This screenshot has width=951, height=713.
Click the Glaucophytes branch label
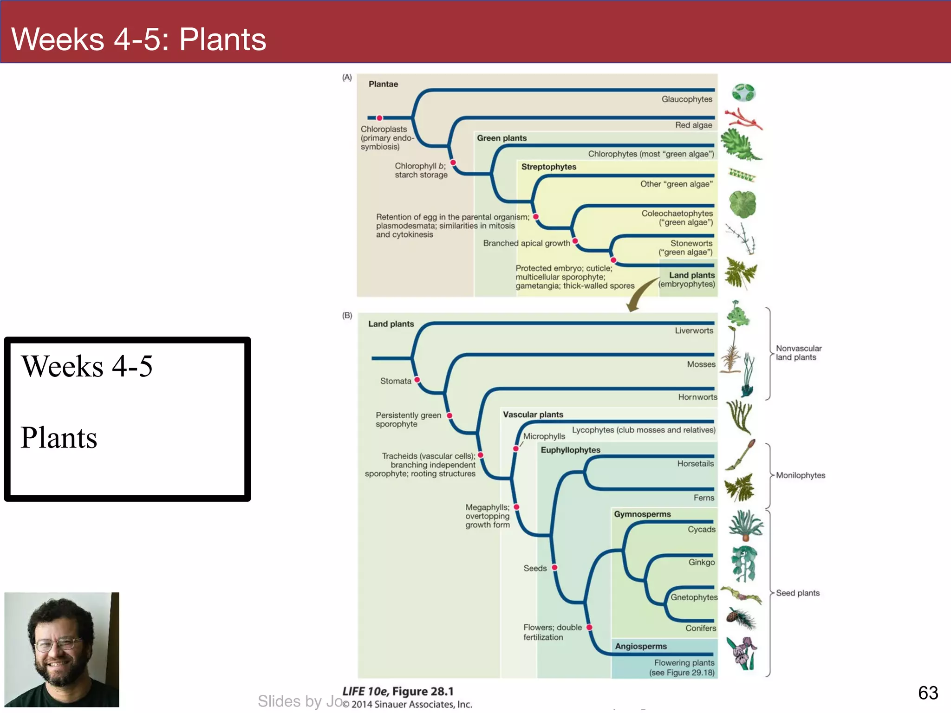point(686,99)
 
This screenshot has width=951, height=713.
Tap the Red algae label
point(693,125)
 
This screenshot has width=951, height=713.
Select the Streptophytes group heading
point(548,167)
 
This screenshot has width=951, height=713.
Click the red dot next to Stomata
point(417,380)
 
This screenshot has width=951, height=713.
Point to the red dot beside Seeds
point(554,567)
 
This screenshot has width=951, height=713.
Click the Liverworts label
point(694,331)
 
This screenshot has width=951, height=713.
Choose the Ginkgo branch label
point(701,563)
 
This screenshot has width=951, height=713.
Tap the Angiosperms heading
point(641,647)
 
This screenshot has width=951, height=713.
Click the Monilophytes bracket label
point(800,475)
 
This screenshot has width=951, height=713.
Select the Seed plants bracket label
point(797,593)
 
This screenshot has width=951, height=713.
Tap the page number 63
point(928,693)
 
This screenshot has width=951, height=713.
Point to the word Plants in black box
point(59,438)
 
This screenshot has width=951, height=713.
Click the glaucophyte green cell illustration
point(743,93)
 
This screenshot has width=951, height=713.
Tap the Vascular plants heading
point(533,415)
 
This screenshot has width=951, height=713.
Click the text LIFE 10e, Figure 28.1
point(398,692)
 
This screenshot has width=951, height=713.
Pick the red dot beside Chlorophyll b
point(453,162)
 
